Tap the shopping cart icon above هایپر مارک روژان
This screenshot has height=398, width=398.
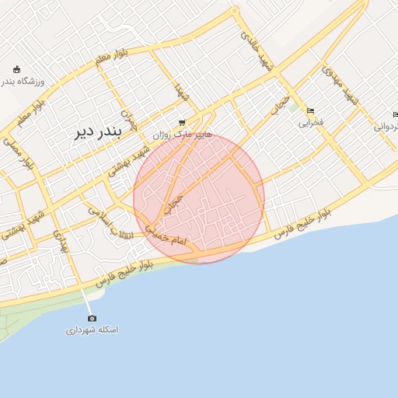pos(182,122)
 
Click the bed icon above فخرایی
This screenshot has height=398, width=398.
pos(311,110)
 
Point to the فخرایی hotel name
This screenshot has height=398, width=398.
pos(311,123)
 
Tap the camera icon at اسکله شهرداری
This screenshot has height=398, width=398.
pos(93,318)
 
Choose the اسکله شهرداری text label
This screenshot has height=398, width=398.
pos(93,330)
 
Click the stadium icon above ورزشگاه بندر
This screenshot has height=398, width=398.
pos(17,69)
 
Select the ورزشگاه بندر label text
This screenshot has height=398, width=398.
pos(23,81)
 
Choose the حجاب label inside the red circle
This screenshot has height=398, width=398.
pos(175,204)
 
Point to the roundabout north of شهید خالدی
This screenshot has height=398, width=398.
pos(235,12)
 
